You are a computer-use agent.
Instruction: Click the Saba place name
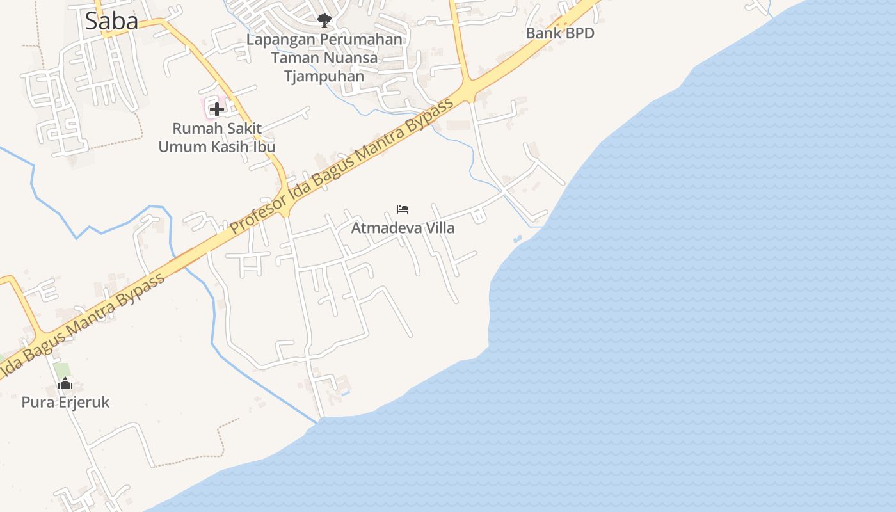pyautogui.click(x=111, y=21)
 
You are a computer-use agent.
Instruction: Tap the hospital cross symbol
pyautogui.click(x=217, y=109)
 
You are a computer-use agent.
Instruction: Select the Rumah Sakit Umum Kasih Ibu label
pyautogui.click(x=217, y=138)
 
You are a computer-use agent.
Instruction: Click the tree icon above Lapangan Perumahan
pyautogui.click(x=324, y=20)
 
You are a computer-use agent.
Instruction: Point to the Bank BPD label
pyautogui.click(x=560, y=33)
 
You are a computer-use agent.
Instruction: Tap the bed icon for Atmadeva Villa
pyautogui.click(x=403, y=209)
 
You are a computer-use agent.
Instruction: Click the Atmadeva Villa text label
pyautogui.click(x=403, y=228)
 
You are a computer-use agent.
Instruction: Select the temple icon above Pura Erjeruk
pyautogui.click(x=65, y=384)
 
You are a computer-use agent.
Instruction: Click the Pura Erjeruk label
pyautogui.click(x=65, y=403)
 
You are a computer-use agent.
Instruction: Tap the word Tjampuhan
pyautogui.click(x=324, y=76)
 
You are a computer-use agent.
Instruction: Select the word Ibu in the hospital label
pyautogui.click(x=262, y=147)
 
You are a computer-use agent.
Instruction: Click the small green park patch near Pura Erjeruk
pyautogui.click(x=62, y=370)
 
